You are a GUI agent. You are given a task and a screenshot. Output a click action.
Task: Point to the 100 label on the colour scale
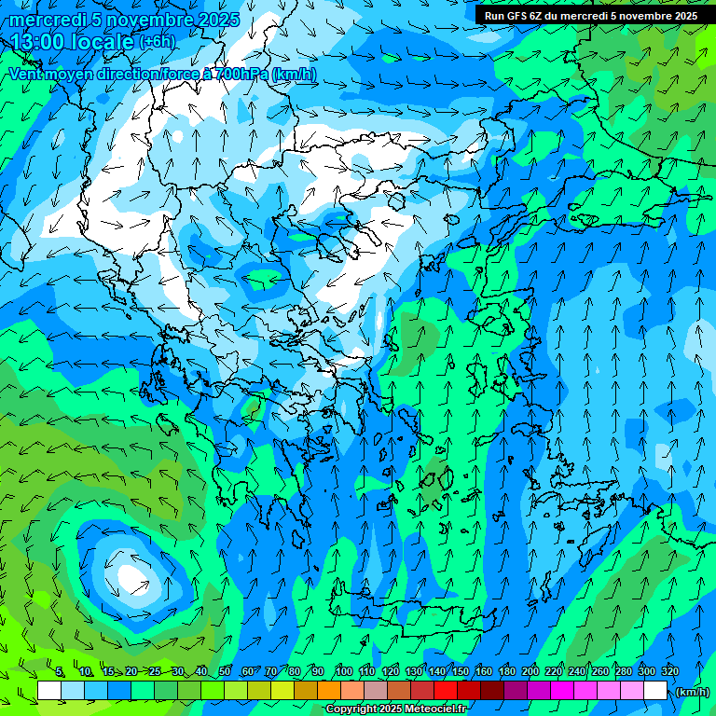[x=343, y=671]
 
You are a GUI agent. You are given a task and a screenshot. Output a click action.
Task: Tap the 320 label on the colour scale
[x=669, y=671]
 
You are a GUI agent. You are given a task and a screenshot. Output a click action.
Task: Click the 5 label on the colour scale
[x=60, y=671]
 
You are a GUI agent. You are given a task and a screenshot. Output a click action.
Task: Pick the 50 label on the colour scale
[x=225, y=671]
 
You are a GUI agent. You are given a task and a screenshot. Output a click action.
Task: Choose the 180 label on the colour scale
[x=507, y=671]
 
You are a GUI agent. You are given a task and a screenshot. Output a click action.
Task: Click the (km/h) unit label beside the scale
[x=692, y=692]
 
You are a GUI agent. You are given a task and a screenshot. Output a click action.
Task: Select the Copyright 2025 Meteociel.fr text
[x=397, y=709]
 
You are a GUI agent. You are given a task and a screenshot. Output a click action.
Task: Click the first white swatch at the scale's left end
[x=49, y=691]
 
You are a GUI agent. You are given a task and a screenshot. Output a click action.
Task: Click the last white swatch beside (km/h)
[x=655, y=691]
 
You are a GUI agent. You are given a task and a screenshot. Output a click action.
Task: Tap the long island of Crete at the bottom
[x=410, y=615]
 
